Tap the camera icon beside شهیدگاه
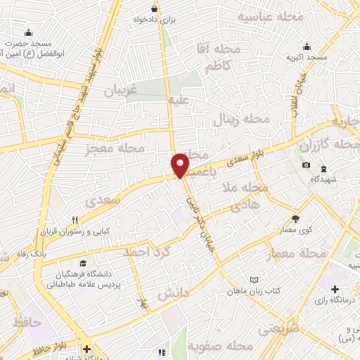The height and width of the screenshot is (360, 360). [x=307, y=165]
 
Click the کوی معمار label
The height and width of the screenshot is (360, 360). [x=295, y=229]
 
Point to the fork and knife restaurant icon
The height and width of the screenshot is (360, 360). [x=74, y=219]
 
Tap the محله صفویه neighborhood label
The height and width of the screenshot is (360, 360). [x=224, y=347]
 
